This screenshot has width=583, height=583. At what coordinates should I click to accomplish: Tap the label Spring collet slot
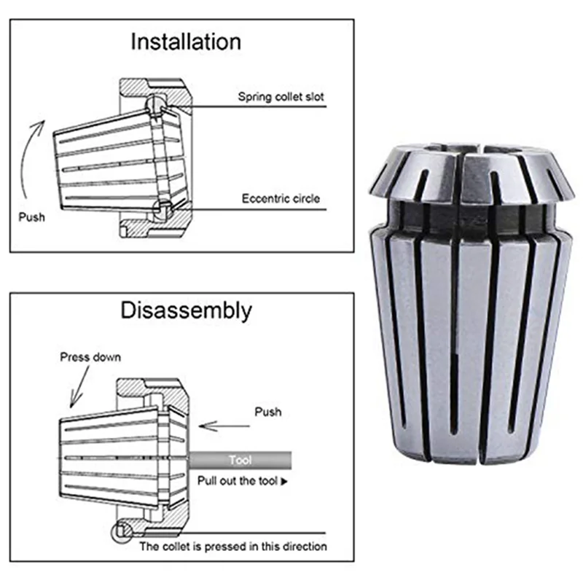pos(281,96)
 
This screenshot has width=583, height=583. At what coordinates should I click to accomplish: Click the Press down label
pos(91,357)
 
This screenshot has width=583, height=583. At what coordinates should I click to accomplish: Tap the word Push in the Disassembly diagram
pos(267,412)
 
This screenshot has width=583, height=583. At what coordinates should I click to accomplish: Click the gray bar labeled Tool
pos(240,461)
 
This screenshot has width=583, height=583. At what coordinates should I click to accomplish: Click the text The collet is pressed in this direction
pos(233,546)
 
